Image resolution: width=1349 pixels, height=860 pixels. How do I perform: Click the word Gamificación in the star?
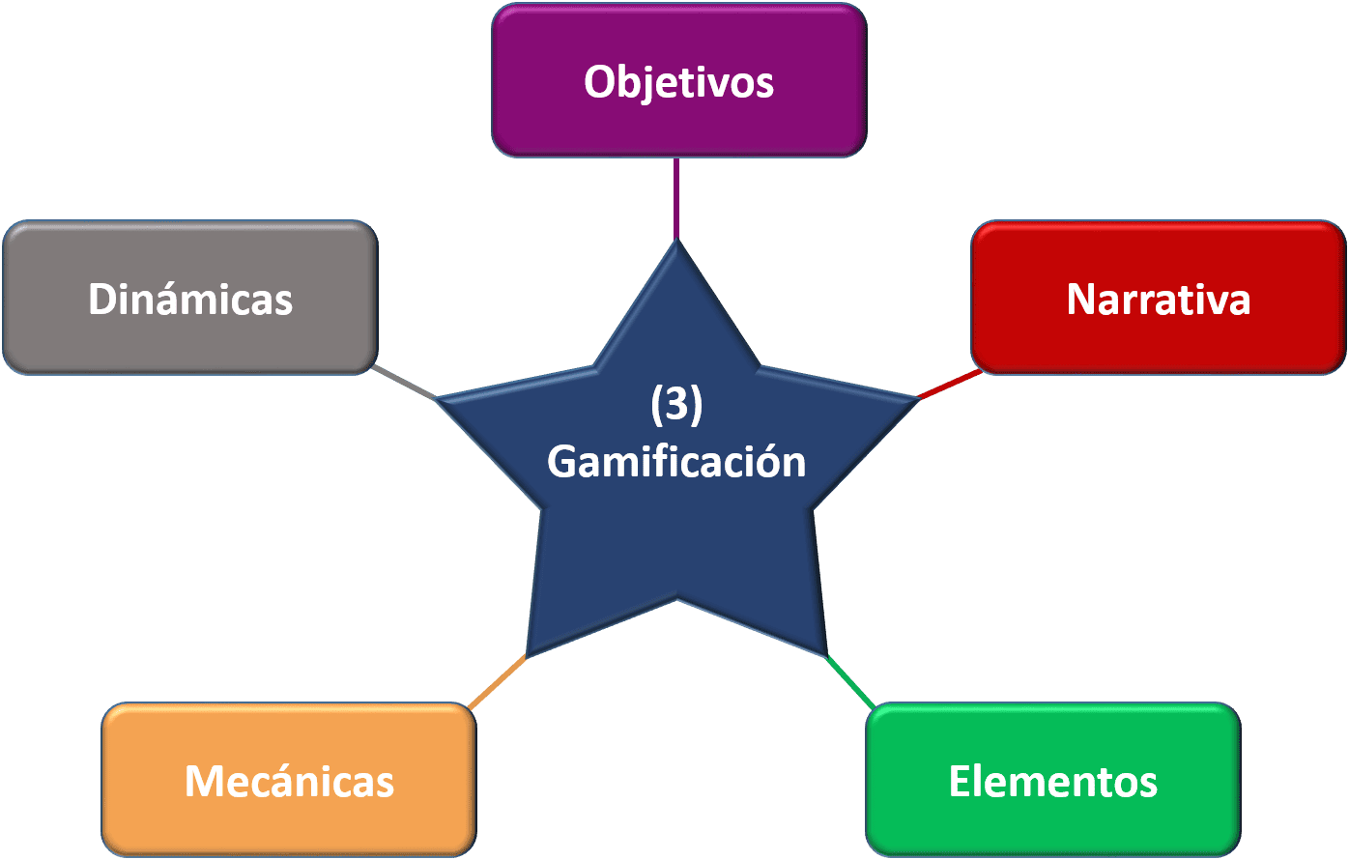pyautogui.click(x=676, y=462)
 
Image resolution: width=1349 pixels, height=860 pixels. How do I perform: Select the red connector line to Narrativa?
pyautogui.click(x=948, y=385)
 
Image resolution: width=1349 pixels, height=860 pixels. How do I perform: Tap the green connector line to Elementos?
pyautogui.click(x=850, y=682)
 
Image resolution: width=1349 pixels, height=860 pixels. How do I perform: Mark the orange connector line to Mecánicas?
pyautogui.click(x=497, y=682)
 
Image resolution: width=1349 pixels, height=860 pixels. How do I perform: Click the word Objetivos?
pyautogui.click(x=678, y=83)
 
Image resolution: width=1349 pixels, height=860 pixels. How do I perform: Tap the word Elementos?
pyautogui.click(x=1052, y=781)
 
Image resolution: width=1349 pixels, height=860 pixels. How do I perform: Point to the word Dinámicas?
pyautogui.click(x=189, y=300)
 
